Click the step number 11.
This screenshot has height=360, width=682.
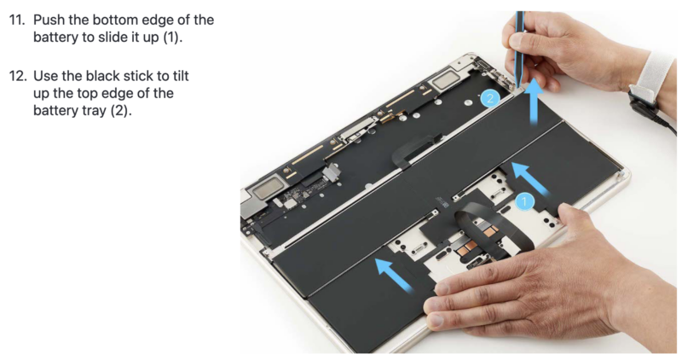[x=17, y=20]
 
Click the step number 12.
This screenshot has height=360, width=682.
[x=18, y=76]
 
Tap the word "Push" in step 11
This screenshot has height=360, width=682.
[x=49, y=20]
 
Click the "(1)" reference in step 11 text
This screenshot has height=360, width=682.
[x=173, y=38]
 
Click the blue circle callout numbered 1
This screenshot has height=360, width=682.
[x=524, y=201]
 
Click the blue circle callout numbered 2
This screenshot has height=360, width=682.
[x=490, y=98]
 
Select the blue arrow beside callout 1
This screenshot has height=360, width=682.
[x=529, y=177]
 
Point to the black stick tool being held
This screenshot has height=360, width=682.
[x=519, y=48]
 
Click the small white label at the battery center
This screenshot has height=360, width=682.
[x=442, y=202]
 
